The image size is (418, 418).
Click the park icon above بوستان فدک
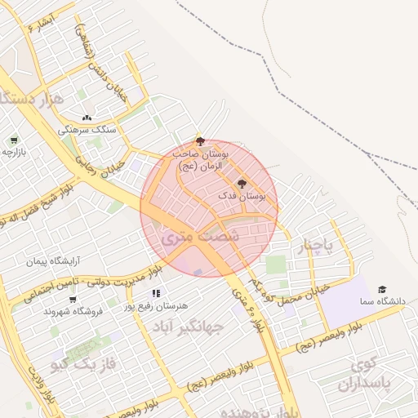tap(241, 184)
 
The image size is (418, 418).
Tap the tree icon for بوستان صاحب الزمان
tap(200, 141)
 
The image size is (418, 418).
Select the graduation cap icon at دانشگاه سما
tap(381, 290)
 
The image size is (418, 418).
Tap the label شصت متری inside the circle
tap(189, 236)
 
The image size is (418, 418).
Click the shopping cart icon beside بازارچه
tap(14, 140)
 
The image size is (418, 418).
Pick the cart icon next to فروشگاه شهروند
tap(73, 300)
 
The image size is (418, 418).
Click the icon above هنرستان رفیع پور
tap(155, 293)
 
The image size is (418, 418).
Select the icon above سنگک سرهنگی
tap(87, 118)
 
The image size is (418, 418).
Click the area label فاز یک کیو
tap(84, 357)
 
